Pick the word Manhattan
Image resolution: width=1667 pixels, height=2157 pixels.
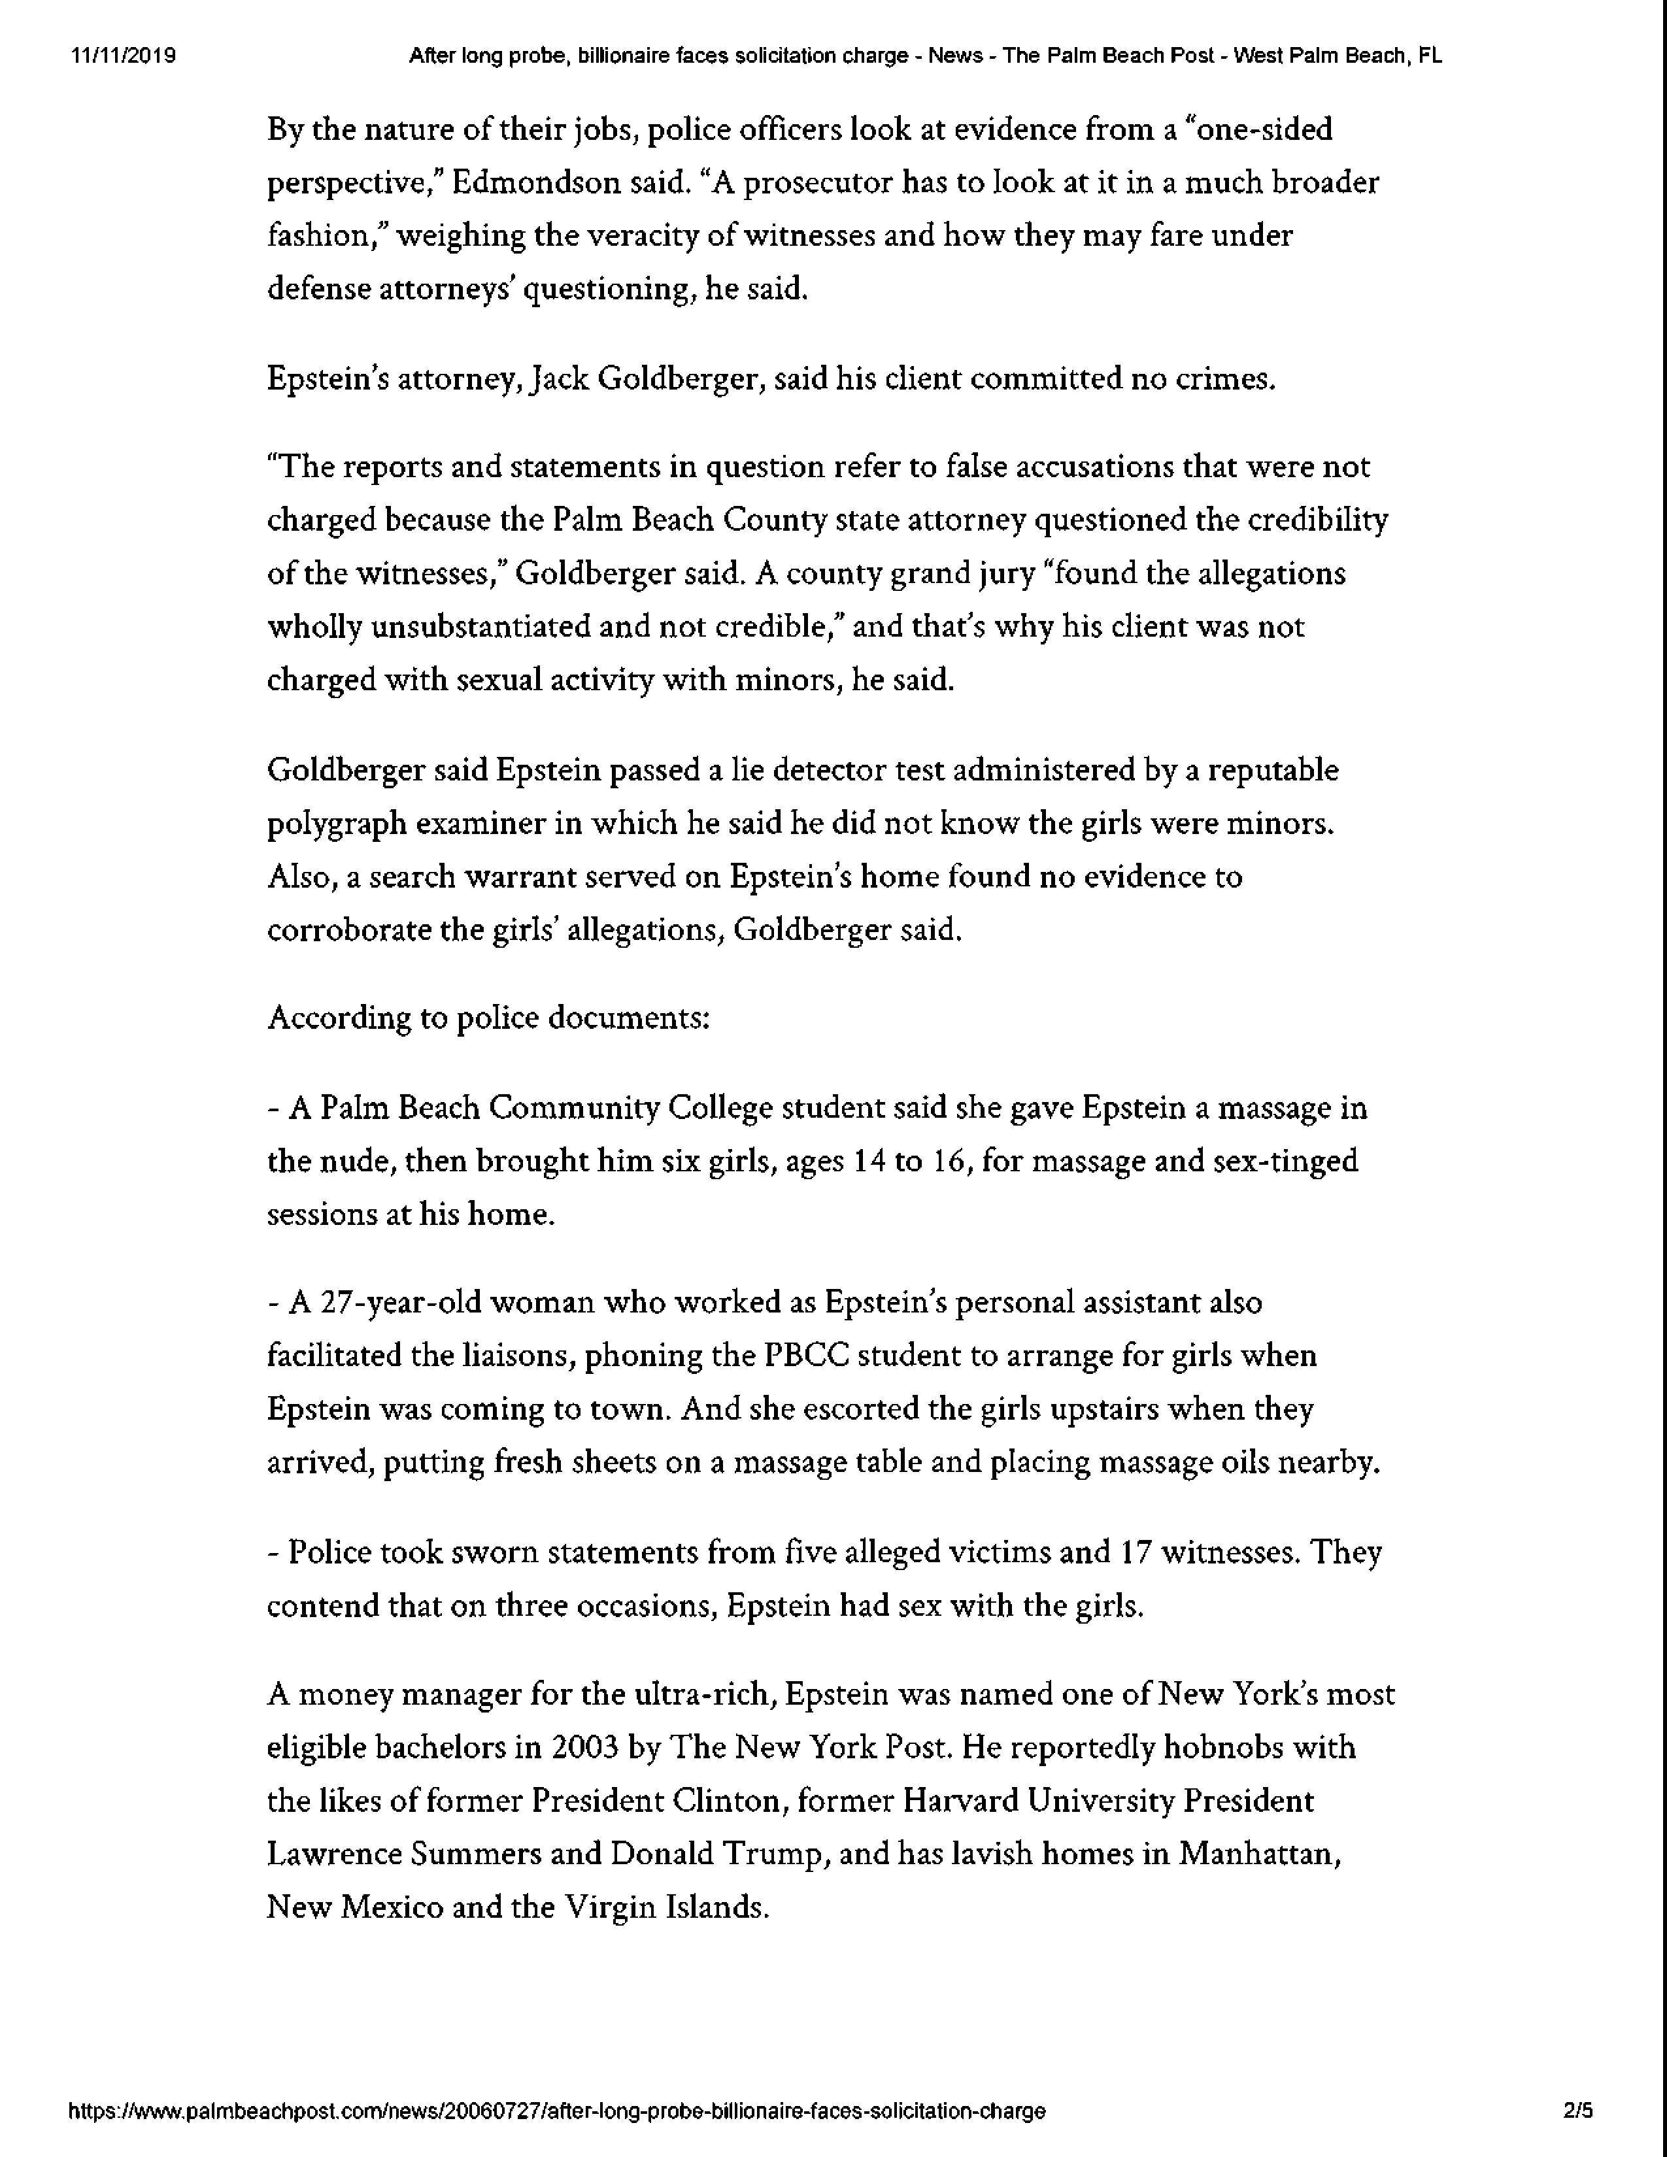[1258, 1855]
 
